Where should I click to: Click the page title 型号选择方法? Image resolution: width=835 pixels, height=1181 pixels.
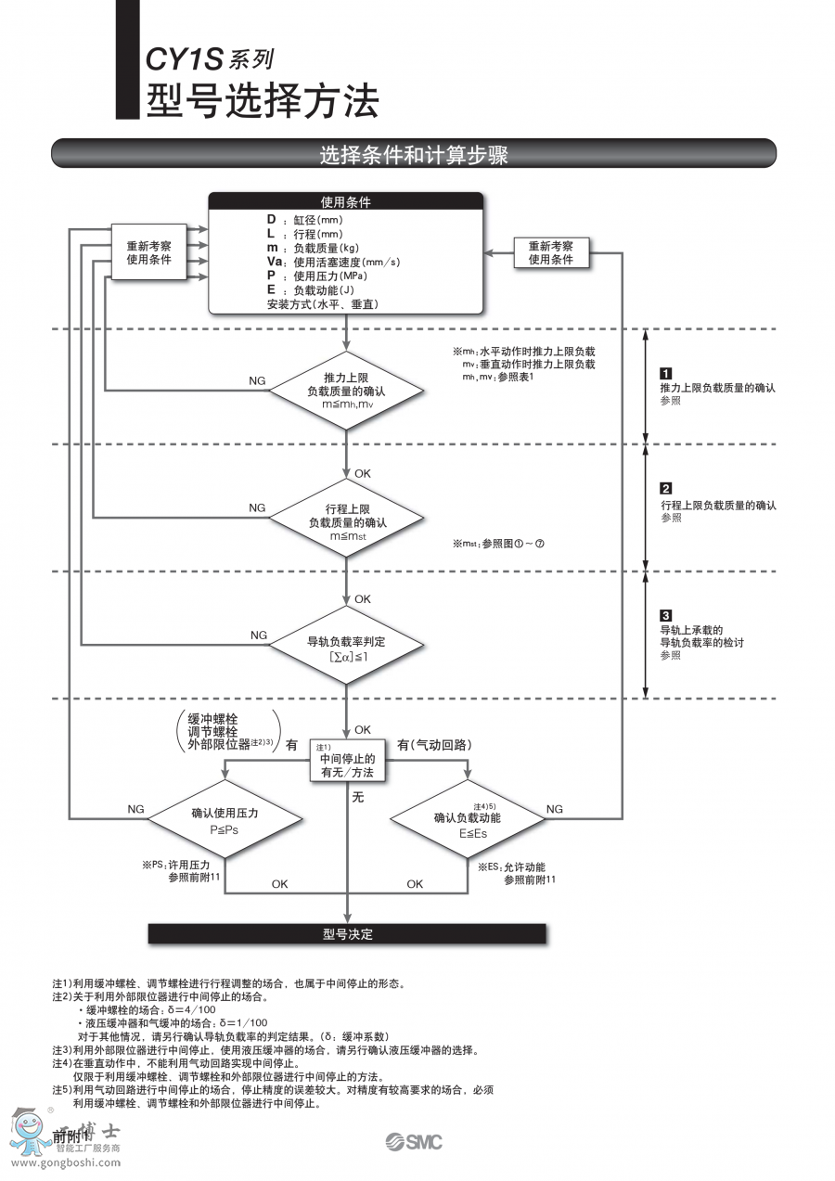263,100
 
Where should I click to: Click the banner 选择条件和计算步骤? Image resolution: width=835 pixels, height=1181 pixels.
414,154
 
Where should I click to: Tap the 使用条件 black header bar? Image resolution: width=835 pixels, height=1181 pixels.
345,201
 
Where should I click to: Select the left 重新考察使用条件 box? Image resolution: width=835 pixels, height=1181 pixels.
148,252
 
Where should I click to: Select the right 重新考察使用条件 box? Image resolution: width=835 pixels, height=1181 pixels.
551,252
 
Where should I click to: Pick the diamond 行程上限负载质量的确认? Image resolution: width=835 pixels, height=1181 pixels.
345,518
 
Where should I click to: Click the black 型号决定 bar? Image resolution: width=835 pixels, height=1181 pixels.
347,933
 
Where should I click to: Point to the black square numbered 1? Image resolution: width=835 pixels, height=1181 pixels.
665,375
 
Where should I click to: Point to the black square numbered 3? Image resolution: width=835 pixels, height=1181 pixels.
665,615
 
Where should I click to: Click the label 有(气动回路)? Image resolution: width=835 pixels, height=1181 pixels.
434,744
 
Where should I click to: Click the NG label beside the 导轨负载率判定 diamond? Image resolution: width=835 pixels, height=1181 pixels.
258,635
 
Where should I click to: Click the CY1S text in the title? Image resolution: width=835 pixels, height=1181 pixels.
185,61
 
